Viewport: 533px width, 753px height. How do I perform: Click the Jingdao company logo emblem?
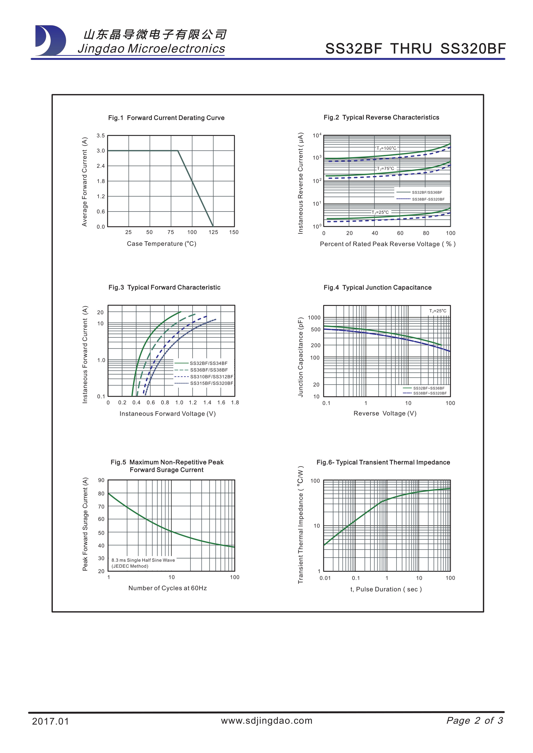pyautogui.click(x=50, y=40)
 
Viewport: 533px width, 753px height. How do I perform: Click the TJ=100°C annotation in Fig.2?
pyautogui.click(x=386, y=148)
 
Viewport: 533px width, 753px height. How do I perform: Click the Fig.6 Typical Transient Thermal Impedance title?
pyautogui.click(x=383, y=462)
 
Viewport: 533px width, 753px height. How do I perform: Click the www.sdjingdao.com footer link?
pyautogui.click(x=266, y=721)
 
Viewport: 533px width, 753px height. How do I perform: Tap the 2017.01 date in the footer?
pyautogui.click(x=50, y=721)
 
